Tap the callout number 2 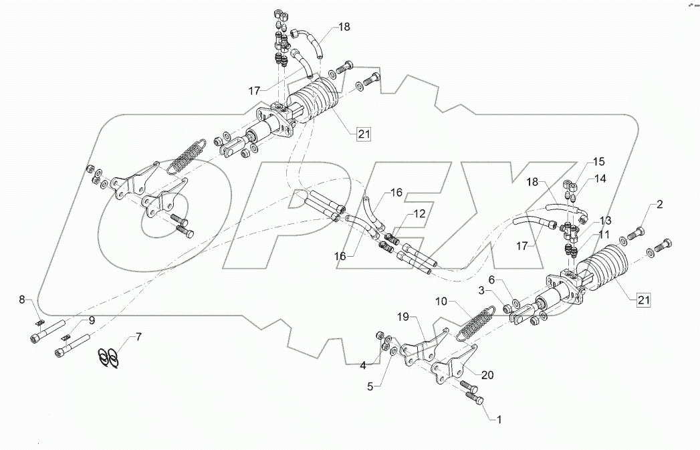tap(659, 205)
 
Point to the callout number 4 tap(363, 365)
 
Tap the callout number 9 tap(91, 320)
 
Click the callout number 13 tap(604, 219)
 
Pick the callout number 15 tap(598, 161)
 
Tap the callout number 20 tap(487, 375)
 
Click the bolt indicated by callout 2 tap(635, 234)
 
